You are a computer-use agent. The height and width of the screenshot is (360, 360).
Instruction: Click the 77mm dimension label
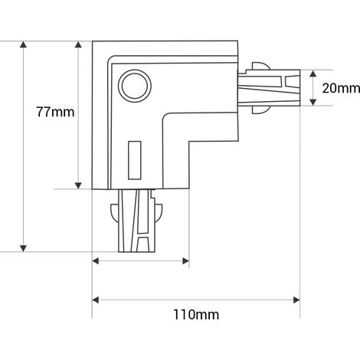pyautogui.click(x=55, y=112)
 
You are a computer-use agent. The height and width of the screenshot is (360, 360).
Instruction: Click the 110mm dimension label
pyautogui.click(x=196, y=314)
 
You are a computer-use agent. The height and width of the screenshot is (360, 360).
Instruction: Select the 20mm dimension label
pyautogui.click(x=341, y=88)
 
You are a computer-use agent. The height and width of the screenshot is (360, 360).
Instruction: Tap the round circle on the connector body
pyautogui.click(x=135, y=86)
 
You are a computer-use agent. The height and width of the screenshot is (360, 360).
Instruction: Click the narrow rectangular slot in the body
pyautogui.click(x=135, y=160)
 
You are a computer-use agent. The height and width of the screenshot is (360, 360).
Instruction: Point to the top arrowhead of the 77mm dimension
pyautogui.click(x=78, y=44)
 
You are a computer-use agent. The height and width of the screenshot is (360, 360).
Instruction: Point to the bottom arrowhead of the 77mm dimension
pyautogui.click(x=78, y=185)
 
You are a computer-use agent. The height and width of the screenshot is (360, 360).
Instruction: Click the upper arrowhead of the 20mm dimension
pyautogui.click(x=313, y=74)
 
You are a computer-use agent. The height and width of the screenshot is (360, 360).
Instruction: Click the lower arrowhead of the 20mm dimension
pyautogui.click(x=313, y=102)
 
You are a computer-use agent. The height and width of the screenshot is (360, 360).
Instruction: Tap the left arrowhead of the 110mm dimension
pyautogui.click(x=95, y=300)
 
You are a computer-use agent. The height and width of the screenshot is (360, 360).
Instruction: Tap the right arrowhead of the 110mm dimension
pyautogui.click(x=296, y=300)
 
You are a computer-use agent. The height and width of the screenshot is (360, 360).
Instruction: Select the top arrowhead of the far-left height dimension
pyautogui.click(x=23, y=44)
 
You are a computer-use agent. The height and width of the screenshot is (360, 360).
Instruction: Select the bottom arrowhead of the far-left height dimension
pyautogui.click(x=23, y=248)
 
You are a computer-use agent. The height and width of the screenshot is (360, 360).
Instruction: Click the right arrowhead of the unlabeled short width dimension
pyautogui.click(x=185, y=261)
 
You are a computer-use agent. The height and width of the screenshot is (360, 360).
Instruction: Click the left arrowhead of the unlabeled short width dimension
pyautogui.click(x=95, y=261)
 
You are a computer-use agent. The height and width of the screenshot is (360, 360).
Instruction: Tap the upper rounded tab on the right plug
pyautogui.click(x=261, y=66)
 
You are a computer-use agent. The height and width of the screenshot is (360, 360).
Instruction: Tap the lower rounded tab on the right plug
pyautogui.click(x=261, y=110)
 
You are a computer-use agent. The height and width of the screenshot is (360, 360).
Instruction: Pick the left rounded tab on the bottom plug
pyautogui.click(x=114, y=212)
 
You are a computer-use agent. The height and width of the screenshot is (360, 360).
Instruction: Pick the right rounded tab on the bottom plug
pyautogui.click(x=159, y=212)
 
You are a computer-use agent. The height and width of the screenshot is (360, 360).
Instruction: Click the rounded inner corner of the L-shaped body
pyautogui.click(x=165, y=116)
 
